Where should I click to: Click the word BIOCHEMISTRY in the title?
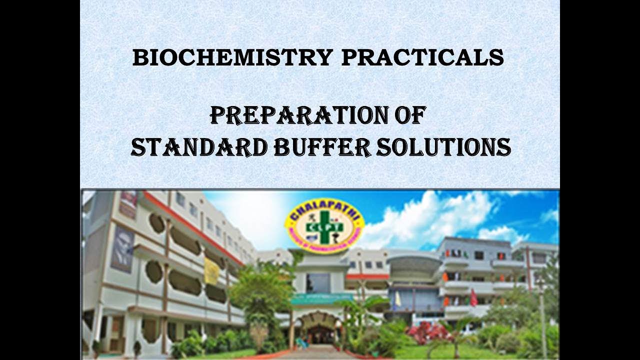point(232,58)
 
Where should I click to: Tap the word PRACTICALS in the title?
point(422,58)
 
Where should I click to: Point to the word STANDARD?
point(198,147)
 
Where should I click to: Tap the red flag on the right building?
point(473,298)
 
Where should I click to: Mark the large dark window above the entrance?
point(318,283)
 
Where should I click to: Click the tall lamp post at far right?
point(542,320)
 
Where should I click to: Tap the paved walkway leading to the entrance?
point(320,352)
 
